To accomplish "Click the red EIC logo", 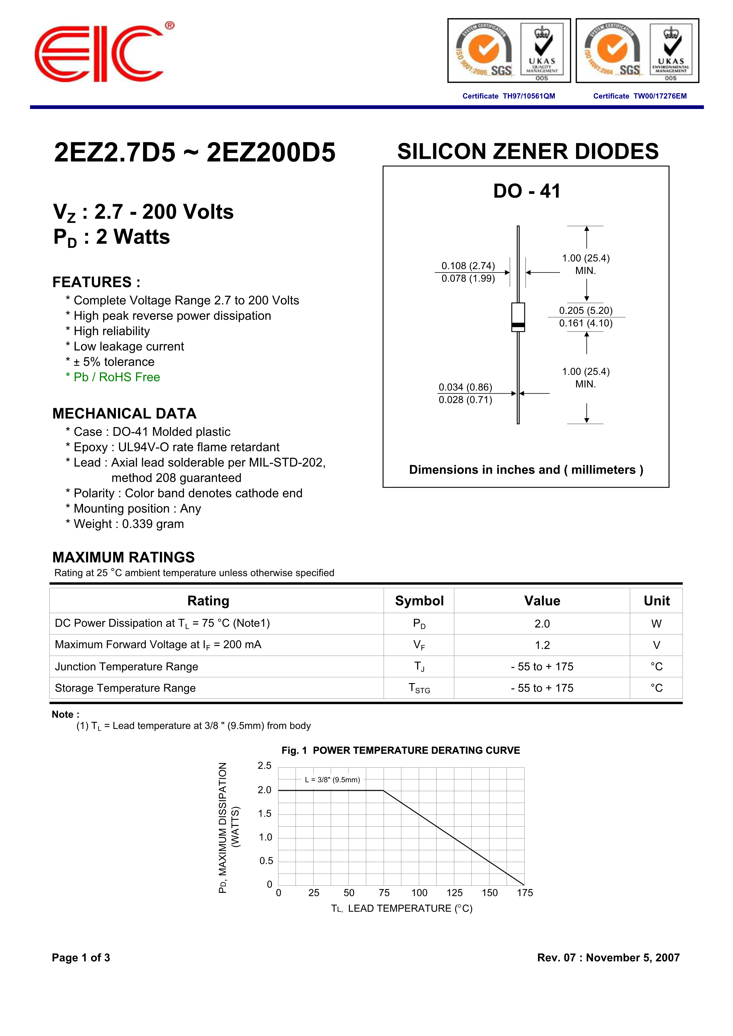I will pos(99,54).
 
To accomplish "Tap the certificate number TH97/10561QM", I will pos(528,96).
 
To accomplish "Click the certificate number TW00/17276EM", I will pos(659,96).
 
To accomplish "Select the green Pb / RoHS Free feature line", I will pos(113,377).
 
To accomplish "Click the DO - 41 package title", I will pos(527,191).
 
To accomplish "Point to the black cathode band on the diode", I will pos(518,325).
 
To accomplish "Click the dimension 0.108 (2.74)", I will pos(468,266).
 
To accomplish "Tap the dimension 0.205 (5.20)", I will pos(586,310).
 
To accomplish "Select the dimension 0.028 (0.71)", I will pos(465,400).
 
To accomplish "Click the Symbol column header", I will pos(419,601).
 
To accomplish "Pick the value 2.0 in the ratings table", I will pos(542,624).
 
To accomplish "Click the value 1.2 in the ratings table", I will pos(542,645).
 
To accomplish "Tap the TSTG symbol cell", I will pos(419,688).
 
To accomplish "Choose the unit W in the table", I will pos(656,624).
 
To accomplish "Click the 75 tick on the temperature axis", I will pos(384,893).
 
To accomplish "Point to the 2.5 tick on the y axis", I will pos(265,766).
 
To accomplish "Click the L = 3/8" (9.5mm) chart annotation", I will pos(333,780).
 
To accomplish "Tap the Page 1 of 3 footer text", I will pos(81,957).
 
